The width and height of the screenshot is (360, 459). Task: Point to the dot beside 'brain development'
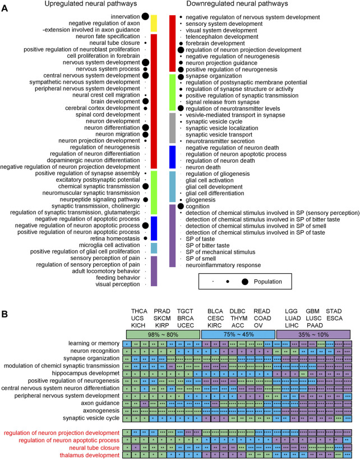click(x=145, y=101)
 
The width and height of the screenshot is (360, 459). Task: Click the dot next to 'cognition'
click(x=181, y=206)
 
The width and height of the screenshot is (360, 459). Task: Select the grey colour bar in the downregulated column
click(x=173, y=128)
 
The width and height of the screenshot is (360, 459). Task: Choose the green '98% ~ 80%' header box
click(x=161, y=334)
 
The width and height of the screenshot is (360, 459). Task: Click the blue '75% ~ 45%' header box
click(x=238, y=334)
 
